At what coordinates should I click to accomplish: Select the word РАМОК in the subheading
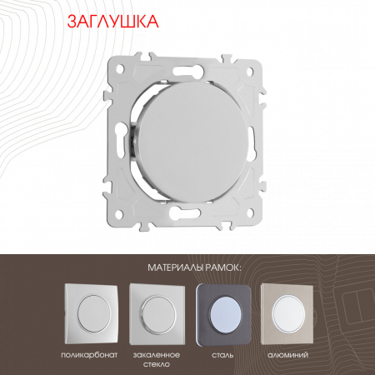pos(215,267)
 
